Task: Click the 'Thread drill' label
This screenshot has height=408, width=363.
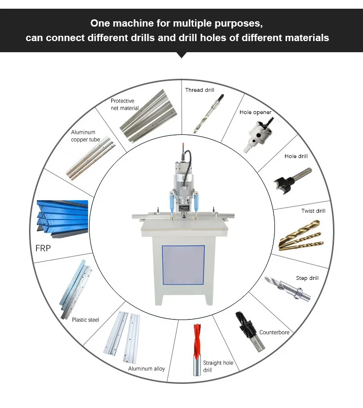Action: click(199, 90)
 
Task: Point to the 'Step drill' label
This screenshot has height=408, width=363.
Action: click(307, 278)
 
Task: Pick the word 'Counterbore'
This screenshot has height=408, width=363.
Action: click(274, 333)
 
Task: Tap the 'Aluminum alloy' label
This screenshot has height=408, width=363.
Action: click(146, 369)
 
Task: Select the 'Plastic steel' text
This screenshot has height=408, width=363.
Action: click(86, 320)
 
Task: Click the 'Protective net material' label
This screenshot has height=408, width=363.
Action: click(124, 104)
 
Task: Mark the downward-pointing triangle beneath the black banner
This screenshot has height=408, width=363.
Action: click(181, 55)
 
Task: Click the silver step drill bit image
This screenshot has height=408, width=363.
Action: click(287, 289)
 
